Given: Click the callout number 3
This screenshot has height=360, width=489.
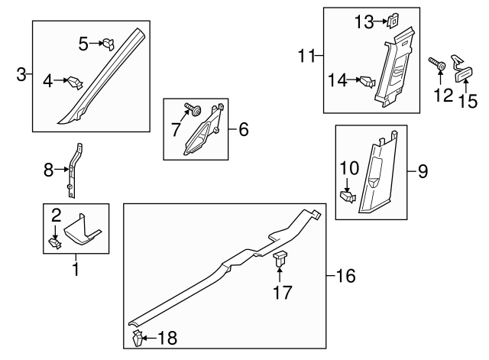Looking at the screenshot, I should coord(21,74).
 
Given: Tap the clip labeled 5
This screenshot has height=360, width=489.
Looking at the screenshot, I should coord(108,44).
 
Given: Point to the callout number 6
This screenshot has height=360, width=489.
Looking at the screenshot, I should coord(243,130).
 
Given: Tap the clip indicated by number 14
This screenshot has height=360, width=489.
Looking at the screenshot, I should coord(366,79).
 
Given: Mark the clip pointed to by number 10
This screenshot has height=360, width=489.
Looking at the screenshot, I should coord(348,196).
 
